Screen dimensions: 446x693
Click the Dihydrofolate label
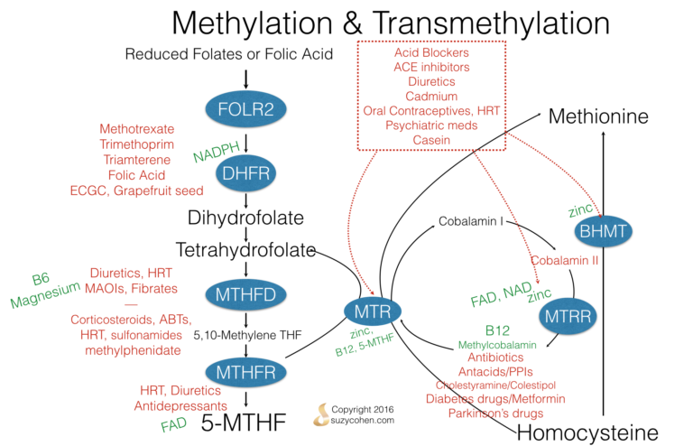point(245,218)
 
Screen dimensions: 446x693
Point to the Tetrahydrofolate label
point(245,249)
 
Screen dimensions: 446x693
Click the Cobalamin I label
point(470,220)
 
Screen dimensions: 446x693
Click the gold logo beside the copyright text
point(320,414)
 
